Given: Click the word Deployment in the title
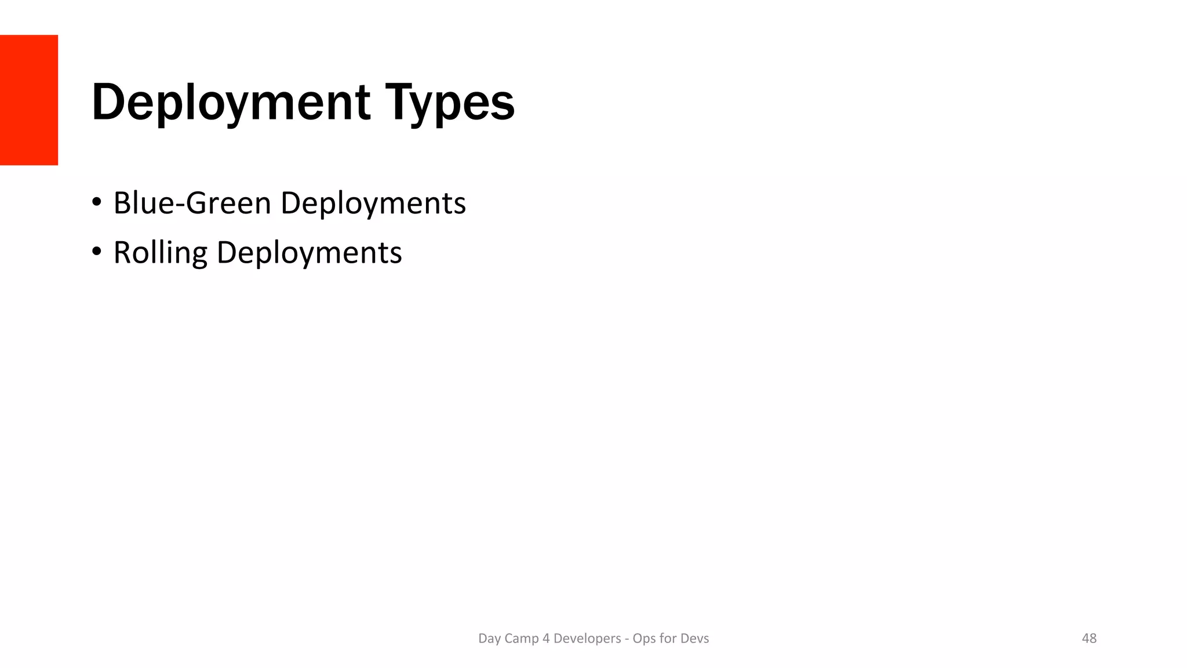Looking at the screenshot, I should (x=231, y=103).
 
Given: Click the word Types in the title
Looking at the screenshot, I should (x=450, y=103).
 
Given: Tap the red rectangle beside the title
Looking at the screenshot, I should (x=29, y=100).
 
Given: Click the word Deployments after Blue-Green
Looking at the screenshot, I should (x=373, y=203).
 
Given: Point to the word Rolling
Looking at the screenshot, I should (x=160, y=253).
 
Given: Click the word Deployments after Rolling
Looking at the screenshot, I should (x=309, y=253).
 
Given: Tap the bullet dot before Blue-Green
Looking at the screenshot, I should (x=97, y=202).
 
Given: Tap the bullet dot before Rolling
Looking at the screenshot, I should (x=97, y=252).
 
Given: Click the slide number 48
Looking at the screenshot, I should (x=1089, y=638).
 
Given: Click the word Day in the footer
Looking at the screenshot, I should (x=489, y=638).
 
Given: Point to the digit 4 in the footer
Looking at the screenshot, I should (x=545, y=638).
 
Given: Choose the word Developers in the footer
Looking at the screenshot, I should (x=587, y=638).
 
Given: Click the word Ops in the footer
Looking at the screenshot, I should (x=644, y=638).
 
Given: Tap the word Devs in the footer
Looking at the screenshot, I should (x=694, y=638).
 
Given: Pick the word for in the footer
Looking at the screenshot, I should (x=668, y=638).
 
